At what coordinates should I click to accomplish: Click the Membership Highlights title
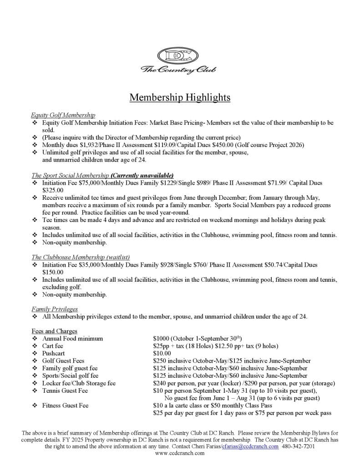point(180,97)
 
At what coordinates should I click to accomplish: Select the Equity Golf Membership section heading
point(63,116)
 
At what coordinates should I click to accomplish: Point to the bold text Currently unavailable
point(142,175)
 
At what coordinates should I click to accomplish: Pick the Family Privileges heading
point(55,309)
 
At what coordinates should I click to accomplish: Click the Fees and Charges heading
point(55,331)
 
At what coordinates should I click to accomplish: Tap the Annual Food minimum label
point(72,339)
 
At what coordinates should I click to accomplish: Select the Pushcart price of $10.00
point(162,354)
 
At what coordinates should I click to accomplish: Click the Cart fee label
point(53,346)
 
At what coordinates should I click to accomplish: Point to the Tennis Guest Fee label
point(65,391)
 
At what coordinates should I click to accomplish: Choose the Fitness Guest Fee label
point(65,405)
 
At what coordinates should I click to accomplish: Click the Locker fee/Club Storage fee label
point(79,383)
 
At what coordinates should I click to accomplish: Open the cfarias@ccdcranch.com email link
point(250,447)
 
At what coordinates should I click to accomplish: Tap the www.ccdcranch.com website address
point(180,454)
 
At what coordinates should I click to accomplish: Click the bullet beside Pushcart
point(35,354)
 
